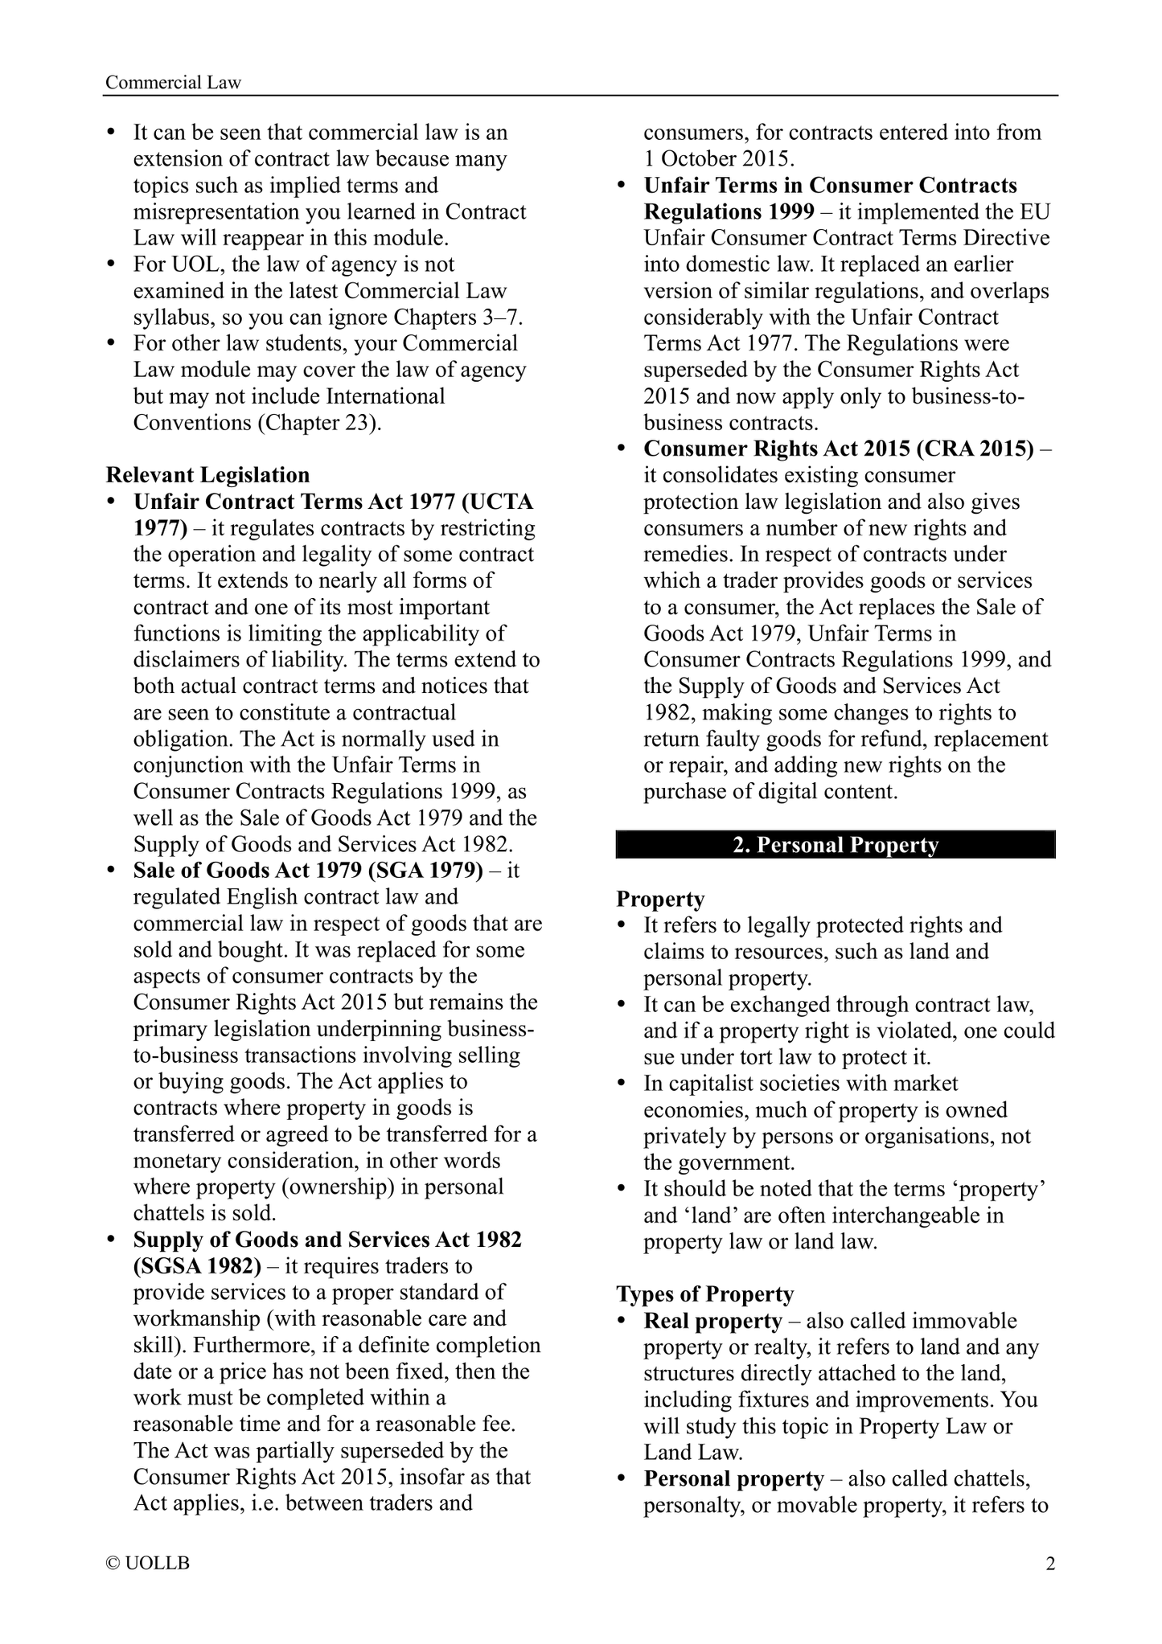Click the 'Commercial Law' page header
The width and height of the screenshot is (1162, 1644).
173,82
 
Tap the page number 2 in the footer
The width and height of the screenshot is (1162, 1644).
1049,1564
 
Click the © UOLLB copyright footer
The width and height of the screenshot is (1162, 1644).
148,1564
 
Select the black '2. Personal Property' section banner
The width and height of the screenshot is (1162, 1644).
835,845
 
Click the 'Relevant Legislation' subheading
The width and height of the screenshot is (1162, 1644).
207,474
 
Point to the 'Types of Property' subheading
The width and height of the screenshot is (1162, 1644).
704,1293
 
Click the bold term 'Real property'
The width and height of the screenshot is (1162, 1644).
712,1321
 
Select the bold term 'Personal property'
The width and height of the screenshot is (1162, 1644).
733,1478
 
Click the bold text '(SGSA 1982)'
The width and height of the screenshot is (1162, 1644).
197,1265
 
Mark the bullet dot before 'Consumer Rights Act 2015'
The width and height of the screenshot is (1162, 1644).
622,449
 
